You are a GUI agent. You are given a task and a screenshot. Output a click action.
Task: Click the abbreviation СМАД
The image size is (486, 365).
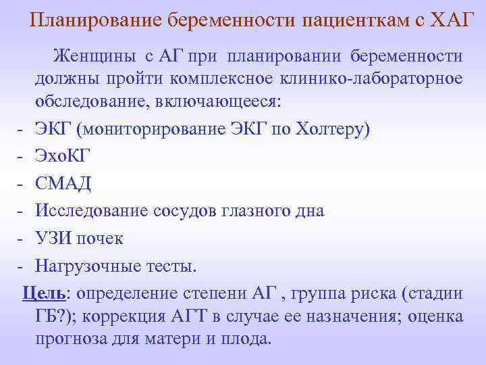pyautogui.click(x=64, y=184)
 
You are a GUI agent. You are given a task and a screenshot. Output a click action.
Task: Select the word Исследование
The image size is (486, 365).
pyautogui.click(x=88, y=211)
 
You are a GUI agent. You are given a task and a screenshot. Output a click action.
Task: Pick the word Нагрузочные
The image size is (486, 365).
pyautogui.click(x=89, y=266)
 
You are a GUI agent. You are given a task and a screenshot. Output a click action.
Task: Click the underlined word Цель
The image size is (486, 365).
pyautogui.click(x=44, y=293)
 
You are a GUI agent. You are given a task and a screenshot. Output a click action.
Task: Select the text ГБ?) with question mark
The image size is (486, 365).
pyautogui.click(x=57, y=316)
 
